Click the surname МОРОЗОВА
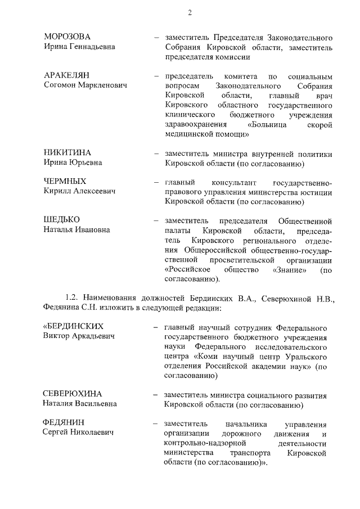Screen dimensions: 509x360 (67, 37)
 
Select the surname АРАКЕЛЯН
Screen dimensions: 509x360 (66, 75)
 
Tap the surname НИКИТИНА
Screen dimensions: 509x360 (67, 153)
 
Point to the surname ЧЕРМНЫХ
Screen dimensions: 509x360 (65, 182)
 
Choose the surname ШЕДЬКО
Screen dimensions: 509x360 (62, 219)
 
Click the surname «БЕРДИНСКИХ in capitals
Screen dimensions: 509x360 (74, 327)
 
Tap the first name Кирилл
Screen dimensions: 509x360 (58, 192)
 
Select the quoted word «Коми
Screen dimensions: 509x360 (206, 356)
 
